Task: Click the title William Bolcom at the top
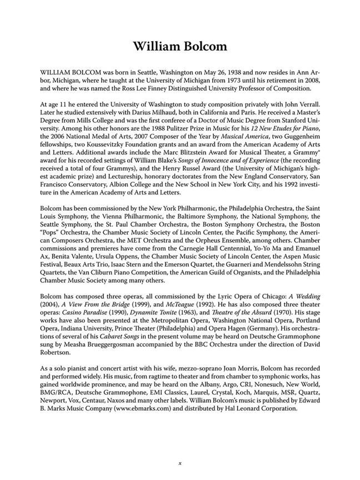[x=179, y=46]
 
